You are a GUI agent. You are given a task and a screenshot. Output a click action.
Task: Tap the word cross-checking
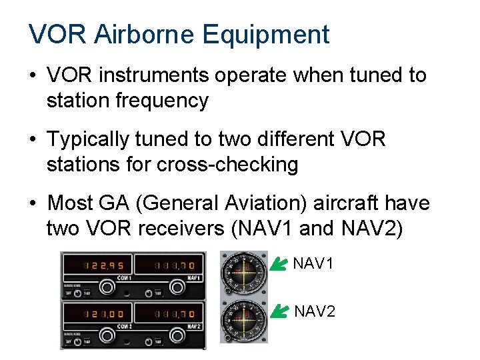227,165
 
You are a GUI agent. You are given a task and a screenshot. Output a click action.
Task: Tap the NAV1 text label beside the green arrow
313,264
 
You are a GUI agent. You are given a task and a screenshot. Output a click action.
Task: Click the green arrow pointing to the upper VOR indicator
278,265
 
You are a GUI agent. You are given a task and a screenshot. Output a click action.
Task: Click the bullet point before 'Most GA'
33,203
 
